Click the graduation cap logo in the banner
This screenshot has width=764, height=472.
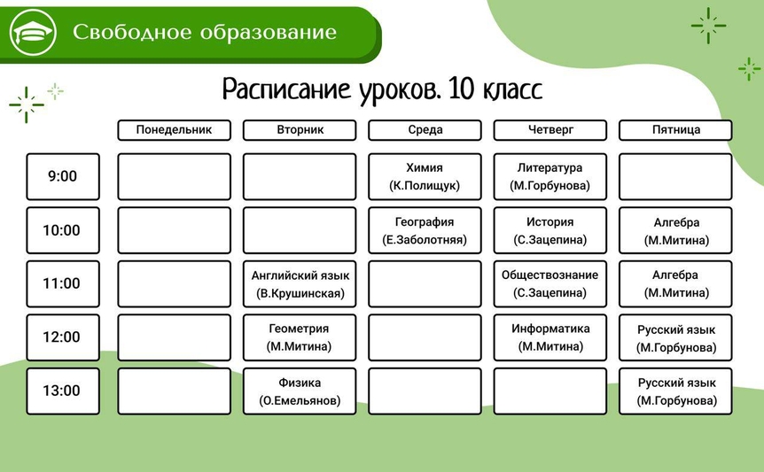tap(33, 32)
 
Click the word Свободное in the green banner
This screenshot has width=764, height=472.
tap(132, 32)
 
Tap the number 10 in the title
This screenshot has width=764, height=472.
tap(461, 89)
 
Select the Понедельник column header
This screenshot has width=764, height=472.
tap(174, 130)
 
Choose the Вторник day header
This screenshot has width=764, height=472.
tap(300, 130)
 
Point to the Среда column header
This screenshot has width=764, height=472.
tap(425, 130)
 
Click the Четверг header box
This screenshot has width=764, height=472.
tap(550, 130)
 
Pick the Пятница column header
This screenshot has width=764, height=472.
tap(675, 130)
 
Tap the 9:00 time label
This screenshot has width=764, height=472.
tap(63, 176)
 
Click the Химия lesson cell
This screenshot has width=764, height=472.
tap(425, 176)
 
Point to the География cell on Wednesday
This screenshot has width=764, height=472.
tap(425, 230)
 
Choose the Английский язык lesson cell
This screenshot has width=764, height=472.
tap(300, 284)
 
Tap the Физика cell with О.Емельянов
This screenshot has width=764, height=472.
tap(300, 391)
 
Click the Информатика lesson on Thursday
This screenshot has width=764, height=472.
tap(550, 337)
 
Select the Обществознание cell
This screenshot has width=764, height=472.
tap(550, 284)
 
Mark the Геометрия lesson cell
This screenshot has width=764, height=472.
tap(300, 337)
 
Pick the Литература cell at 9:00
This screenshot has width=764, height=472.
tap(550, 176)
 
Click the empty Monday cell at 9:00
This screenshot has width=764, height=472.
tap(174, 176)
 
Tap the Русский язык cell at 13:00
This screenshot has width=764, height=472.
tap(675, 391)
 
